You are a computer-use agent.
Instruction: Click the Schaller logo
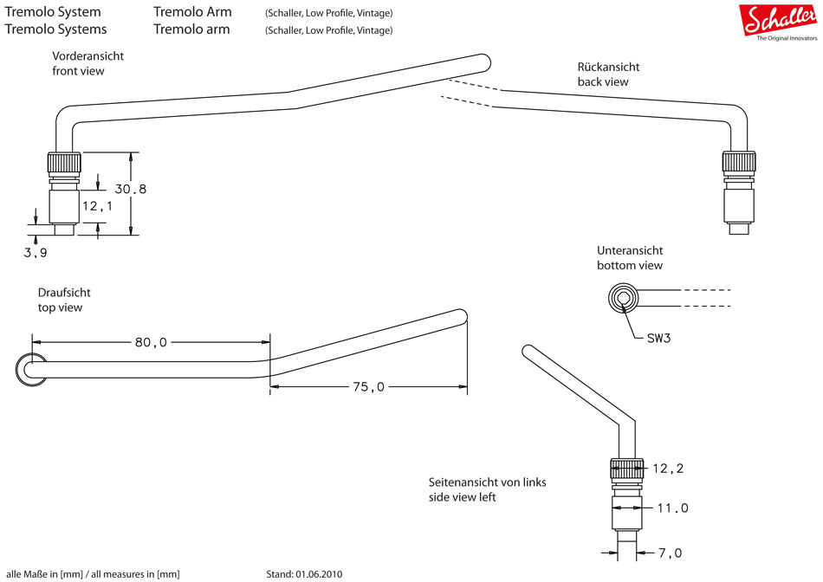click(778, 19)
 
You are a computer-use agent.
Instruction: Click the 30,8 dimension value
click(131, 189)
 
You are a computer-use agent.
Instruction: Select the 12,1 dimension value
click(98, 207)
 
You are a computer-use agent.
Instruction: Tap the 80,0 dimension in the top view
click(151, 342)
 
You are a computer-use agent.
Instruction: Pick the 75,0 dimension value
click(367, 387)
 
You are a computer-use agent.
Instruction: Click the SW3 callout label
click(658, 338)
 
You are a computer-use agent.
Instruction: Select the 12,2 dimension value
click(668, 469)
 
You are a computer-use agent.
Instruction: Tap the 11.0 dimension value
click(672, 508)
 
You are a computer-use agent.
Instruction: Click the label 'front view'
click(78, 71)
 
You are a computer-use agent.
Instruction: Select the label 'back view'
click(603, 81)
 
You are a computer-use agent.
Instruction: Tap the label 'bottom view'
click(630, 265)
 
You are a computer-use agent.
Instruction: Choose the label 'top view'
click(60, 307)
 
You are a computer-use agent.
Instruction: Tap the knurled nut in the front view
click(63, 163)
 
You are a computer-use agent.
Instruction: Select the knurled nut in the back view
click(739, 163)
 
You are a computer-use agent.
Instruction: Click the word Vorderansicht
click(87, 55)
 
